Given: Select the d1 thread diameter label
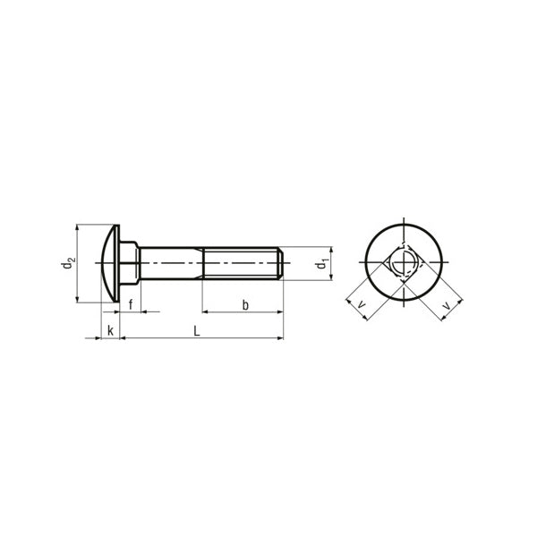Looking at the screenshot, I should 320,264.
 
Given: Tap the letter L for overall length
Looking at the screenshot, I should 197,330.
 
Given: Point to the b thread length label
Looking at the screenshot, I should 244,304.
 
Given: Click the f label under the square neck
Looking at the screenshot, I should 131,304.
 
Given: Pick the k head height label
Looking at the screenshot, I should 110,330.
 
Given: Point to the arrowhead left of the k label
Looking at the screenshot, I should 95,338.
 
